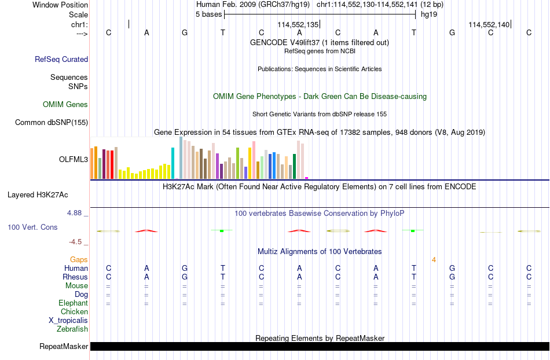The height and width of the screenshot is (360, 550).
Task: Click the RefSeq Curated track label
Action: click(61, 59)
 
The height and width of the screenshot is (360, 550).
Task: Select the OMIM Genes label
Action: click(65, 104)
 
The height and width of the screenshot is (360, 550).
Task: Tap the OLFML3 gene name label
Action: click(74, 160)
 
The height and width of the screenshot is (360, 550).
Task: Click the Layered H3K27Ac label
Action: click(38, 195)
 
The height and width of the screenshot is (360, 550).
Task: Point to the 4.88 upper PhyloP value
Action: click(74, 213)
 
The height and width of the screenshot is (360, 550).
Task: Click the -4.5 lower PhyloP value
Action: click(75, 242)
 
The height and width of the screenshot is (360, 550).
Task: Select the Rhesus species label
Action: click(75, 277)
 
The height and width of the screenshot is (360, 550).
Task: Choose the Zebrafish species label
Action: click(72, 329)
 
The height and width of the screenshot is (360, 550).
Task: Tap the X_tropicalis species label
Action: click(68, 321)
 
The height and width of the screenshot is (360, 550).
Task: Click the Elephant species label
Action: click(74, 303)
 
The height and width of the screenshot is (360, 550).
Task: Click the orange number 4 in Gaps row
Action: click(434, 260)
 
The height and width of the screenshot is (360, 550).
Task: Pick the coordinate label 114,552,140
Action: click(489, 24)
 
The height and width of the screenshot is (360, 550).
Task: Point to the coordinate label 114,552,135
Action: click(298, 24)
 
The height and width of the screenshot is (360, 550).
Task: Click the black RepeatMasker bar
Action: click(320, 346)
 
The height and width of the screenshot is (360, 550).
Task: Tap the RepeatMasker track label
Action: click(64, 347)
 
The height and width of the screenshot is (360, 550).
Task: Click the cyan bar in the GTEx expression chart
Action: click(173, 163)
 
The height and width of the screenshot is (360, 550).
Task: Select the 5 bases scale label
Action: click(208, 14)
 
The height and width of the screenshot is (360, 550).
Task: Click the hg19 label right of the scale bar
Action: click(429, 14)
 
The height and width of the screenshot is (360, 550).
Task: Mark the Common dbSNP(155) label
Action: click(52, 122)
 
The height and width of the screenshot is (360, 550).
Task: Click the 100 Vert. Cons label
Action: click(32, 227)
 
